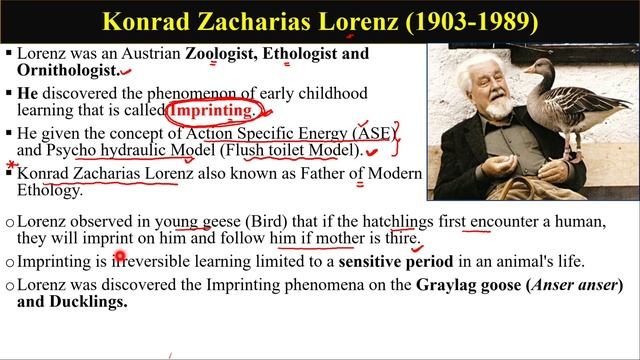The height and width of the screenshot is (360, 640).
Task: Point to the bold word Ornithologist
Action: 67,70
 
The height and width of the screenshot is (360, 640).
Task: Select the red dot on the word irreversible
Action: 120,260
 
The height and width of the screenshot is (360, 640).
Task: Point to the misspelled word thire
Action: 399,239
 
